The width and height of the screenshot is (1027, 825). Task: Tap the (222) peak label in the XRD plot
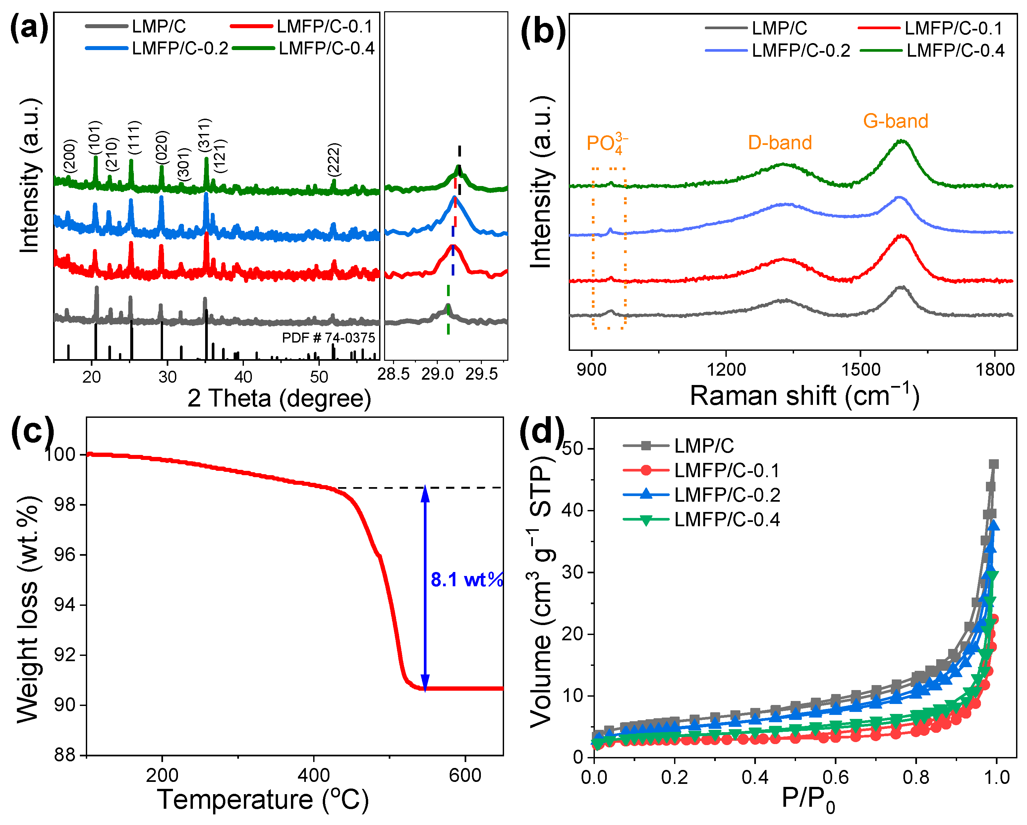334,159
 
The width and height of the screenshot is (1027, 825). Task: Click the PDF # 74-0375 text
328,338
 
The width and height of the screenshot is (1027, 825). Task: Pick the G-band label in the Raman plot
895,121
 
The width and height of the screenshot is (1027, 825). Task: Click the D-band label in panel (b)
780,143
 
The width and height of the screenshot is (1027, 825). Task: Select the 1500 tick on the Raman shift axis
860,369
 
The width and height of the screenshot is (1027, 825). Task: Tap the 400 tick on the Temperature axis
314,776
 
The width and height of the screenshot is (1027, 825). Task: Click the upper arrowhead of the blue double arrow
425,494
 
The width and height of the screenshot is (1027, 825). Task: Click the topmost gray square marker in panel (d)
993,464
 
